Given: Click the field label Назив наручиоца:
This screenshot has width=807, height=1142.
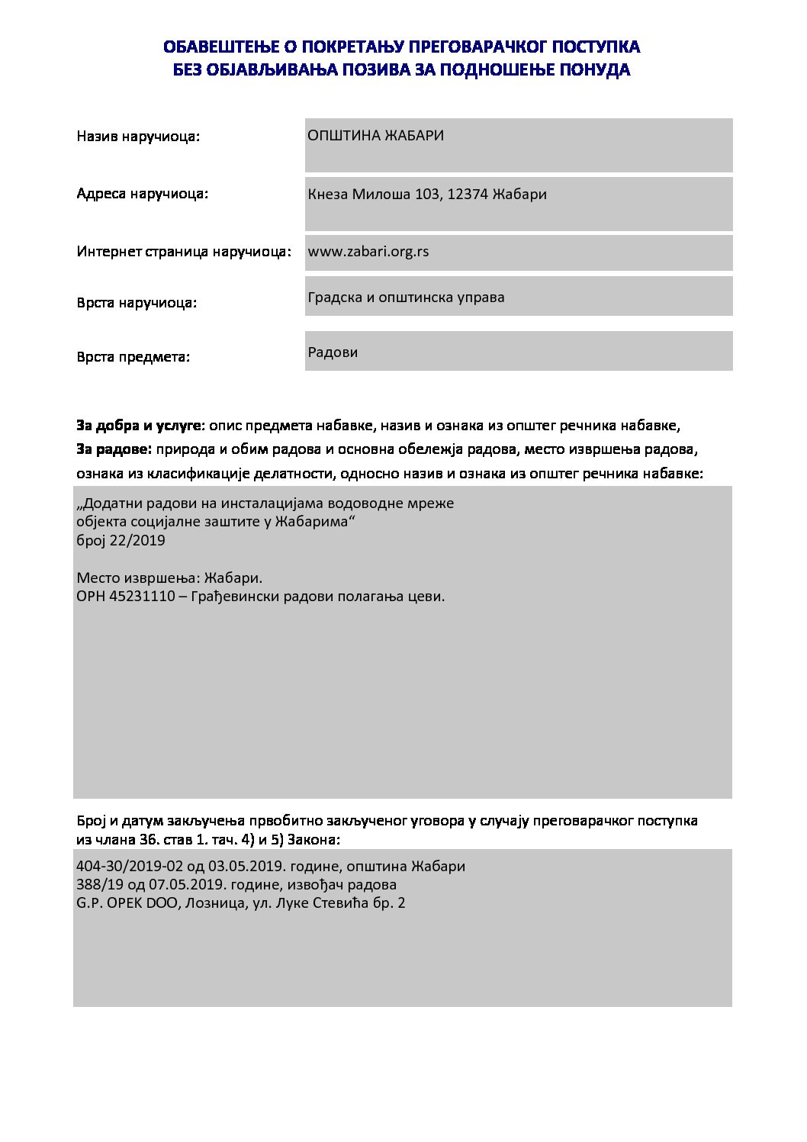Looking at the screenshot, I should pyautogui.click(x=138, y=137).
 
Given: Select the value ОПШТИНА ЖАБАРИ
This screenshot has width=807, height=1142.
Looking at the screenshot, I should pyautogui.click(x=375, y=136).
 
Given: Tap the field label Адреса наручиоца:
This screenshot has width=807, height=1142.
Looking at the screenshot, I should pyautogui.click(x=142, y=194).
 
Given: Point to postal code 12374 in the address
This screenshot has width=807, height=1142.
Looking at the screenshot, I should pyautogui.click(x=467, y=195).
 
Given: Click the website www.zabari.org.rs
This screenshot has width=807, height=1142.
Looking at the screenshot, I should pyautogui.click(x=368, y=252).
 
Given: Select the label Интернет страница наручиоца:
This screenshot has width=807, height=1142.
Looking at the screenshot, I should pyautogui.click(x=184, y=252).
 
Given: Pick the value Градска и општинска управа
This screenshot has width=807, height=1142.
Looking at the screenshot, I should pyautogui.click(x=406, y=298).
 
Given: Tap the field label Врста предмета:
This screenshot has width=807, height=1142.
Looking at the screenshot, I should pyautogui.click(x=133, y=357).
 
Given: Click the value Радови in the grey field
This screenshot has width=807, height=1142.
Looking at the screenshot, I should pyautogui.click(x=333, y=352).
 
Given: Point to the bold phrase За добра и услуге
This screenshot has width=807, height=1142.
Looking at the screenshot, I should pyautogui.click(x=140, y=426).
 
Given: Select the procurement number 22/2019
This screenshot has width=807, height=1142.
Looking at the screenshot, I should pyautogui.click(x=137, y=541).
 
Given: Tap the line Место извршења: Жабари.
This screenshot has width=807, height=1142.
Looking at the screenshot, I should pyautogui.click(x=169, y=578).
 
